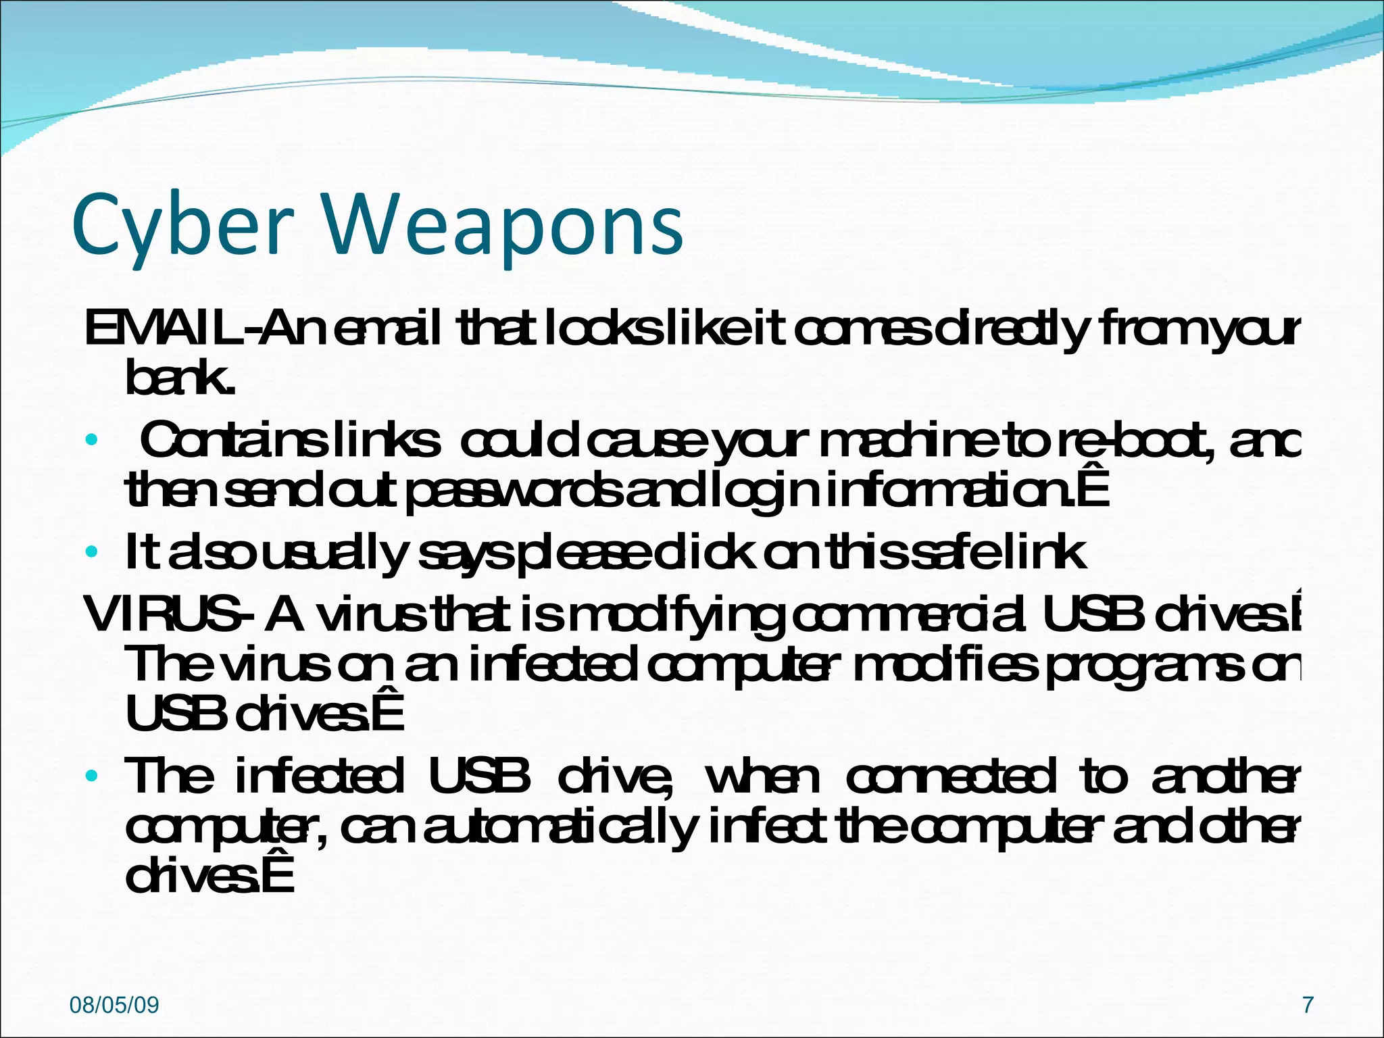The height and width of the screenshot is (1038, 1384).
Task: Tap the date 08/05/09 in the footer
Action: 114,1005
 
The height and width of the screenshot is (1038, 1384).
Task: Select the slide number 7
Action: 1308,1005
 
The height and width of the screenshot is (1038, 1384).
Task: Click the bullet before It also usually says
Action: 92,553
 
